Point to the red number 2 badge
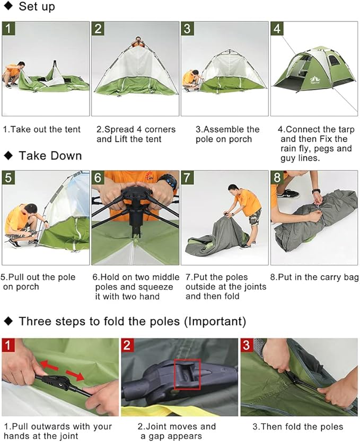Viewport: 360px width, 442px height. point(128,345)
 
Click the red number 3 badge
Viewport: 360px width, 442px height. point(248,345)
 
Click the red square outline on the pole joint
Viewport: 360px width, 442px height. point(188,375)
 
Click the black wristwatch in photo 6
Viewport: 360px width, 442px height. point(168,181)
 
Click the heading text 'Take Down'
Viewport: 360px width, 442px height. point(50,156)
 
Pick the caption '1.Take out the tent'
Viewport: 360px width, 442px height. point(42,129)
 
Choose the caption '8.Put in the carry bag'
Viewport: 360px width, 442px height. point(314,277)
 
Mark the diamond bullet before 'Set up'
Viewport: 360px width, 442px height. point(8,7)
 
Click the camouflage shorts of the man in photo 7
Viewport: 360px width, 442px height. point(255,217)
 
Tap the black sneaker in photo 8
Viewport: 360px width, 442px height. point(291,193)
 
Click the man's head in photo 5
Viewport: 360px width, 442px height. point(30,209)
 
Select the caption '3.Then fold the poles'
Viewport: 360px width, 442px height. point(297,427)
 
